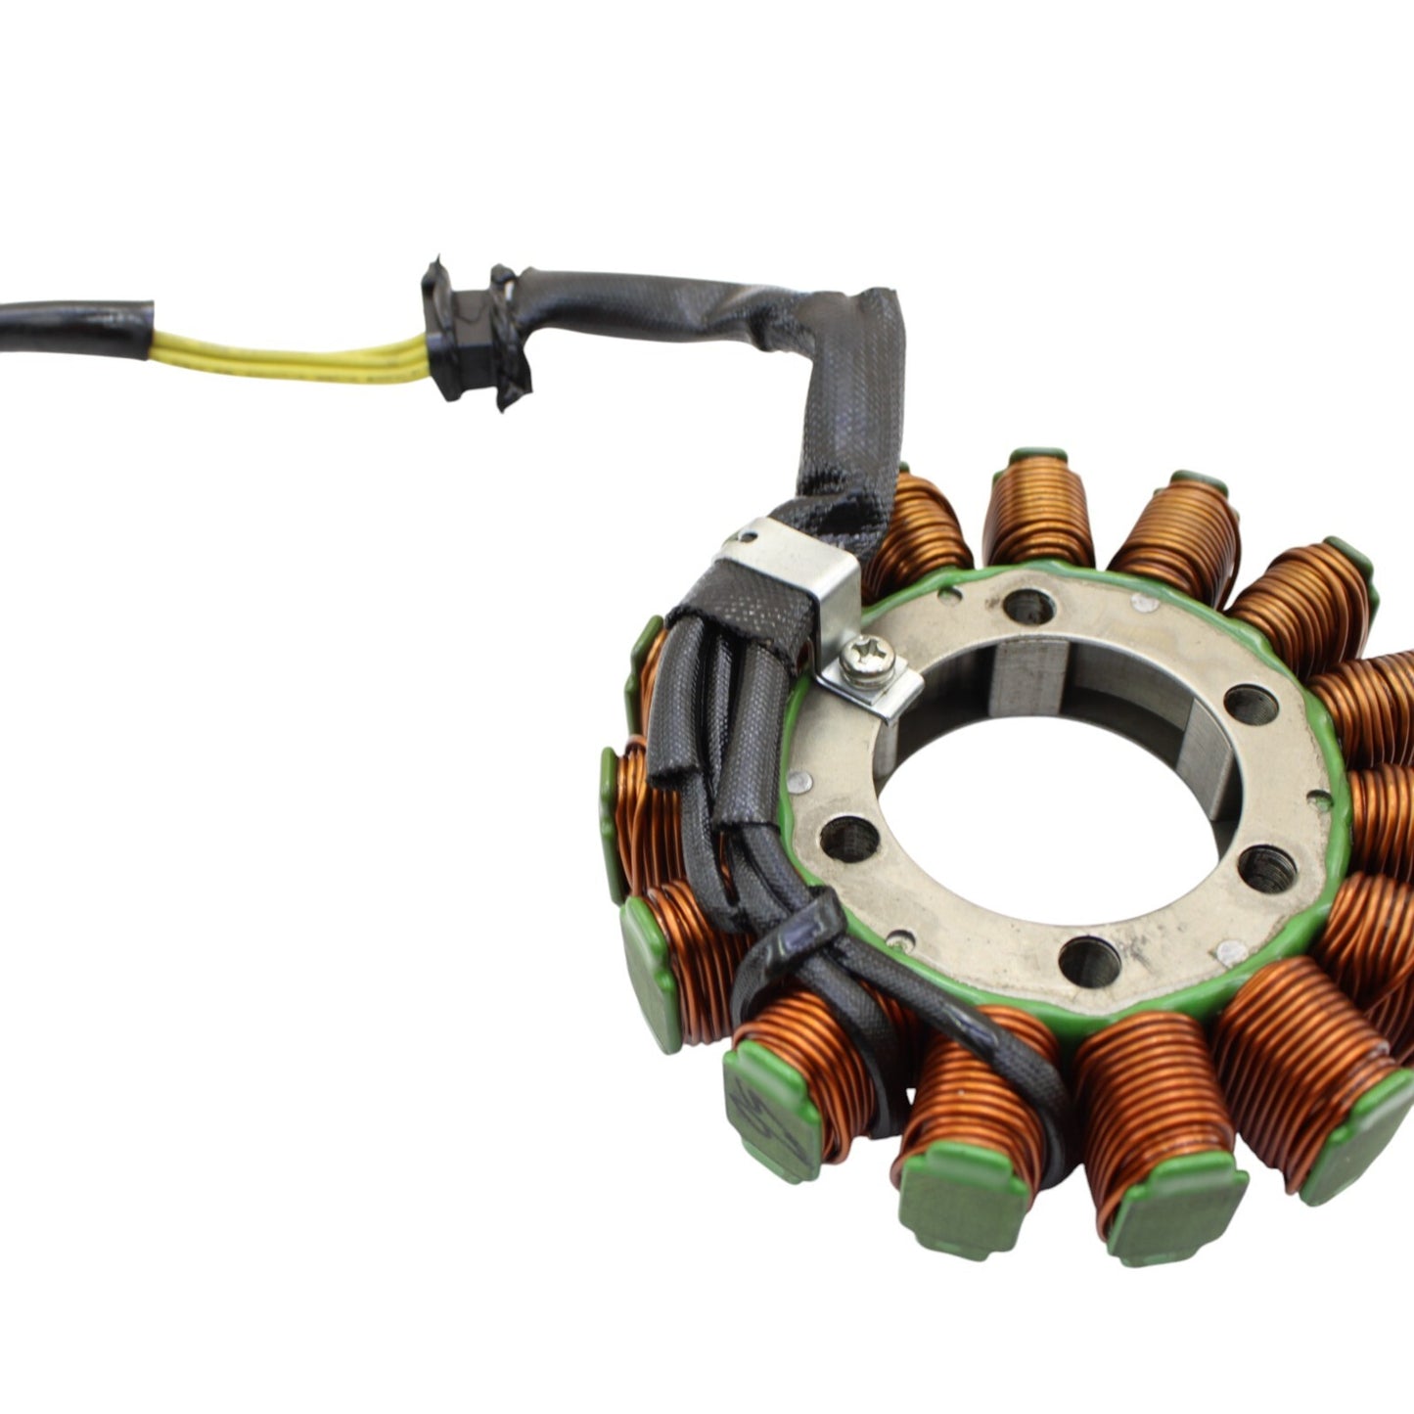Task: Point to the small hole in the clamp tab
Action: point(749,535)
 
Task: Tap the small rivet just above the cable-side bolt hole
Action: point(799,780)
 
